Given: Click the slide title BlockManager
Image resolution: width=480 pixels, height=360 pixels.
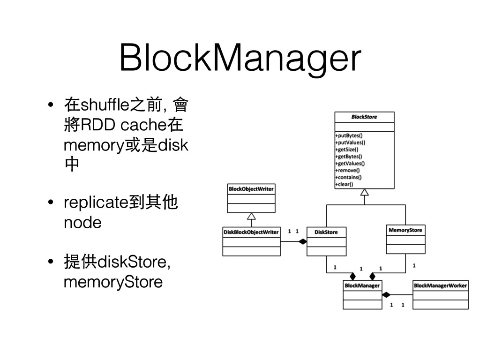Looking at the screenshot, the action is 240,58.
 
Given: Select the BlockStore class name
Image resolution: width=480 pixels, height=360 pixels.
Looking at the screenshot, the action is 364,117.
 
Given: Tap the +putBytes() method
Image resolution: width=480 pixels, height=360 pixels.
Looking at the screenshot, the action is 349,135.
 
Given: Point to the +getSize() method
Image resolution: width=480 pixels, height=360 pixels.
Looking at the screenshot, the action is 347,150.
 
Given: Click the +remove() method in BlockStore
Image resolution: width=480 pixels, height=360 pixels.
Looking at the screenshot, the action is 347,170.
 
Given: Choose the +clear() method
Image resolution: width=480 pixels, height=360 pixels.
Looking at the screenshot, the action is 344,184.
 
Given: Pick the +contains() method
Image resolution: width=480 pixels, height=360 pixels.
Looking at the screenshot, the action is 348,177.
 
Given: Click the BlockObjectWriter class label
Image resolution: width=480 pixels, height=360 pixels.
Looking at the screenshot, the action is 251,189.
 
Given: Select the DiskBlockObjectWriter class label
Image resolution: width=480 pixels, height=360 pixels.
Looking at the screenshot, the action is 251,232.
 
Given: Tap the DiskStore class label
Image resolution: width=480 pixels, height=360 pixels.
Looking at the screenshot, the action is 326,232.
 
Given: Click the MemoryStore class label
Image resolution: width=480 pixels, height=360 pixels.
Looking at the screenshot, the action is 405,230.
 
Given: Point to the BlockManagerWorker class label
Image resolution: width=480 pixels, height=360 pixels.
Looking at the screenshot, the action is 440,285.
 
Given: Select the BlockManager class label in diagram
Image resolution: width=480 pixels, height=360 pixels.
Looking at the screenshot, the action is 362,285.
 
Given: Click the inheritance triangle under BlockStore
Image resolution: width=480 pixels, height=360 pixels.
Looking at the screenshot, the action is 364,192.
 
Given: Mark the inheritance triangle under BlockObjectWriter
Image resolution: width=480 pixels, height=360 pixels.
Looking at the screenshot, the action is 251,216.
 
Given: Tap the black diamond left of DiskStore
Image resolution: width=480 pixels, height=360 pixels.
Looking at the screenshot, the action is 302,241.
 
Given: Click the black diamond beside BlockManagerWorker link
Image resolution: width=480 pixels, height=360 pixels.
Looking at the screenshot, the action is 386,295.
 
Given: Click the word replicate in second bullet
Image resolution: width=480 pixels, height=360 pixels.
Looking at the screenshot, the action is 96,203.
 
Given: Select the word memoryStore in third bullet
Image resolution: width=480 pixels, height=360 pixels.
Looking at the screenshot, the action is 113,282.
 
